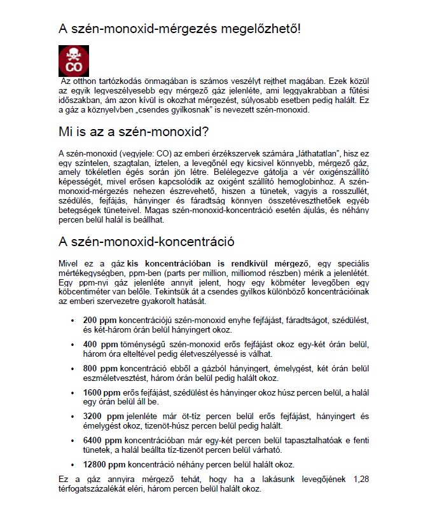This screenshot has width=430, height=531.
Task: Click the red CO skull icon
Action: coord(74,61)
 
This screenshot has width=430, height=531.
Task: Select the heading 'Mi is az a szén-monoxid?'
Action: coord(134,132)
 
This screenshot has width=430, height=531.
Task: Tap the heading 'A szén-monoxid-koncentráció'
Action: coord(146,242)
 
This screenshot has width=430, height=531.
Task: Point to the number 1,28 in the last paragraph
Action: coord(359,478)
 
